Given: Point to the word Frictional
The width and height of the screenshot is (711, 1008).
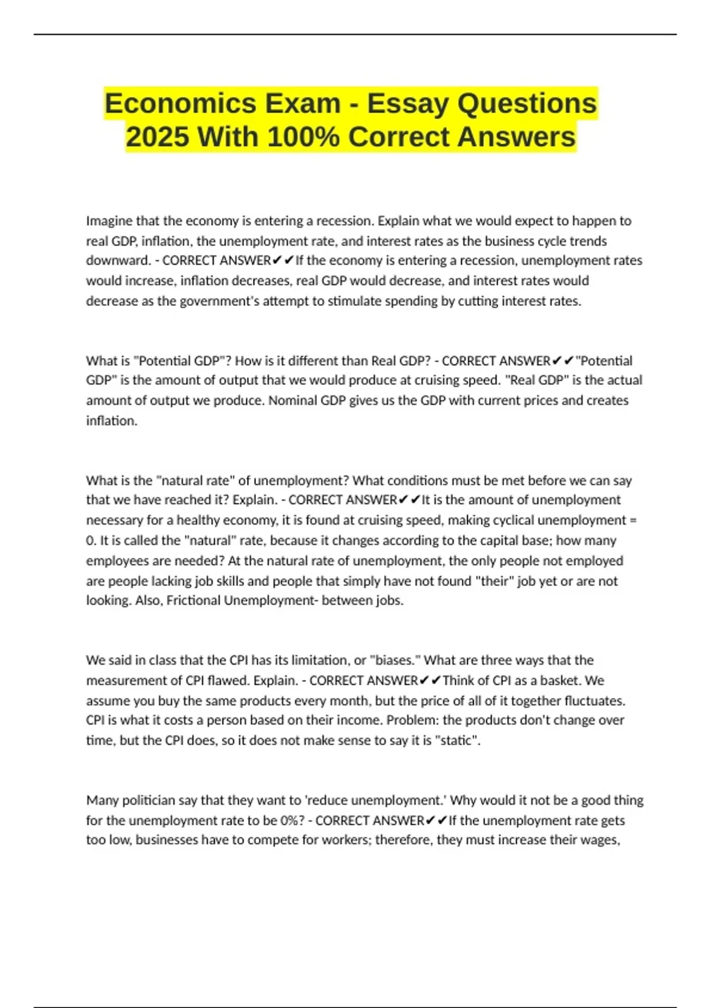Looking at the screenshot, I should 193,601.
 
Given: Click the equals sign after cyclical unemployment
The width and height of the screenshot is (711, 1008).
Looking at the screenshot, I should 633,521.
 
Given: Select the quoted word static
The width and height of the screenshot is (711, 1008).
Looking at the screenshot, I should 457,741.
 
